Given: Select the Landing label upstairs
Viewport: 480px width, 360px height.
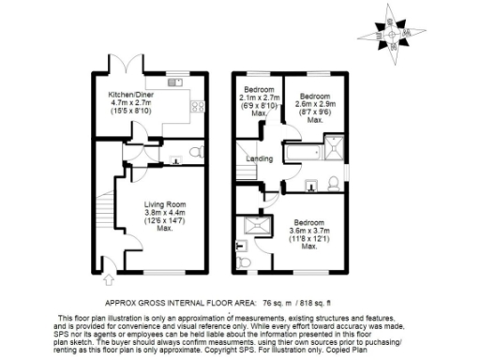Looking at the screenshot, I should pyautogui.click(x=260, y=158).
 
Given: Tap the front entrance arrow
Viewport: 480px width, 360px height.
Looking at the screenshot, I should pyautogui.click(x=109, y=277).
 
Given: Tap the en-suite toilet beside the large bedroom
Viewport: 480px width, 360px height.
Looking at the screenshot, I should pyautogui.click(x=244, y=265).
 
